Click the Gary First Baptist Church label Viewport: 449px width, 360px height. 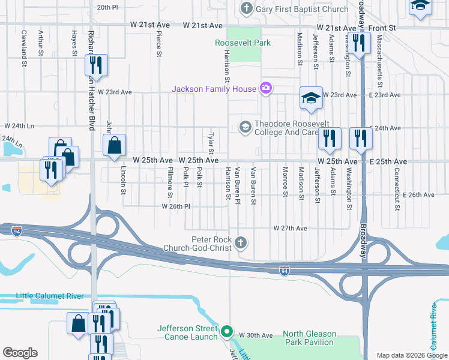coord(301,9)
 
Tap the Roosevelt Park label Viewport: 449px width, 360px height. coord(243,43)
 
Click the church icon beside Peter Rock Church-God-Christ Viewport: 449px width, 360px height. coord(240,243)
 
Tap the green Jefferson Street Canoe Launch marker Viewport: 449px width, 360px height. coord(226,331)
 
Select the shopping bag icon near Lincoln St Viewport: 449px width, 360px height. coord(114,145)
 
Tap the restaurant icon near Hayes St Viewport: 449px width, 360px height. coord(96,64)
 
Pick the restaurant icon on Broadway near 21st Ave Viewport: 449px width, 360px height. coord(359,43)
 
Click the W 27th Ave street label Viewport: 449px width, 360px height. coord(290,229)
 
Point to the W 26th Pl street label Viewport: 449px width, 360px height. coord(175,206)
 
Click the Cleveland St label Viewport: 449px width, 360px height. coord(24,44)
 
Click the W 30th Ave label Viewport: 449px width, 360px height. coord(256,335)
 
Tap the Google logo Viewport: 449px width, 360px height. coord(20,353)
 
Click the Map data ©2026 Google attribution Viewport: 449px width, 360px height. coord(411,355)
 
